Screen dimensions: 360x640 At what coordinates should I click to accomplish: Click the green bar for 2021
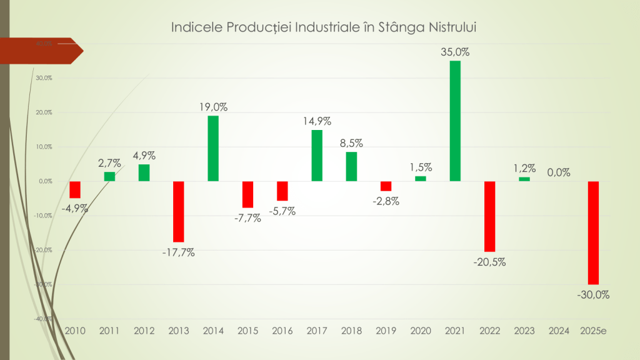pos(455,121)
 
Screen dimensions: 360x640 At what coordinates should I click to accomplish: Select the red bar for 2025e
pos(593,232)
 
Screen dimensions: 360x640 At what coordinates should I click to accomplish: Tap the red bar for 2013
pos(179,211)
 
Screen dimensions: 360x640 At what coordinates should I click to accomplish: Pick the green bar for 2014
pos(213,148)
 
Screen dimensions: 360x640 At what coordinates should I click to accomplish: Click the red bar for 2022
pos(489,216)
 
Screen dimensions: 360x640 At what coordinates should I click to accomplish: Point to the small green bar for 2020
pos(421,179)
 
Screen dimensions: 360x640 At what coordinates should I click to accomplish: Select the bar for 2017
pos(317,156)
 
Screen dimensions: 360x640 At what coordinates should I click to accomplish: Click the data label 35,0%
pos(455,52)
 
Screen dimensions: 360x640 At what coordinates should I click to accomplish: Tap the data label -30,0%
pos(593,294)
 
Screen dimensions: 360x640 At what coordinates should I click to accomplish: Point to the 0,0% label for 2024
pos(558,172)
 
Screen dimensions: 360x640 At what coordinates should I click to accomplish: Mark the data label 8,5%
pos(351,143)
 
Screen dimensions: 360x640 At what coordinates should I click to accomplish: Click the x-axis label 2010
pos(75,330)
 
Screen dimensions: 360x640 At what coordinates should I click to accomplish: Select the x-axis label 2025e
pos(593,330)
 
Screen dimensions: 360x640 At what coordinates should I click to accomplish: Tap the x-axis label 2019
pos(386,330)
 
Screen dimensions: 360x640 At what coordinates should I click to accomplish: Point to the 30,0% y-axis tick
pos(43,78)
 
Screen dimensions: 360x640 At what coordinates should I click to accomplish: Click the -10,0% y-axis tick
pos(42,216)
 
